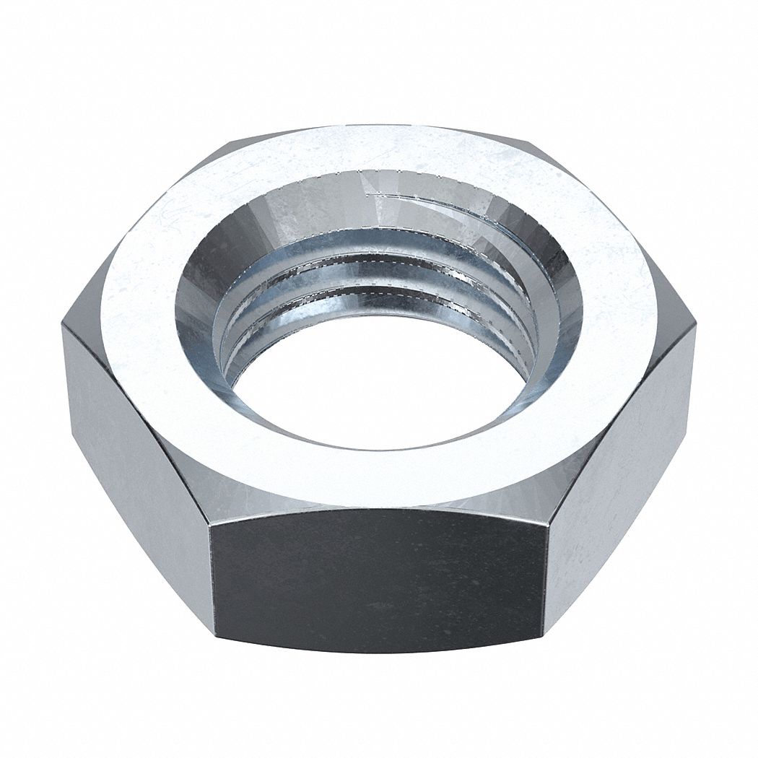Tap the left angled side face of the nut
137,462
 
